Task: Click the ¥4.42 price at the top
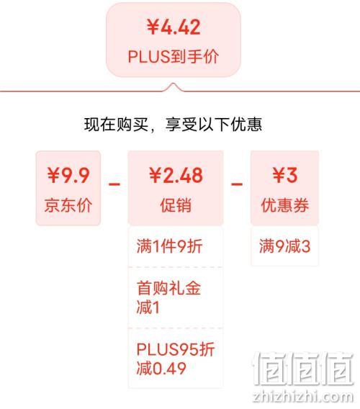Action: pos(174,27)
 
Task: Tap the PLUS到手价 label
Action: pos(174,56)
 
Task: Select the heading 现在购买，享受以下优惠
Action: pos(173,125)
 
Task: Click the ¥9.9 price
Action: pos(68,175)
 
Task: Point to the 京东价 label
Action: pos(68,205)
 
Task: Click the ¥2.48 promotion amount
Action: pos(176,175)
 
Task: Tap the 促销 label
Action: pos(176,205)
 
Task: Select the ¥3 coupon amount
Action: pos(284,175)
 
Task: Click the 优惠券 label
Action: pos(285,205)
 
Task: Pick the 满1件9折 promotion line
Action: pos(170,246)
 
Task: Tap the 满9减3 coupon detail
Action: pos(284,246)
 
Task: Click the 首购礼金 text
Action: pos(168,288)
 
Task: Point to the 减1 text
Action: pos(148,307)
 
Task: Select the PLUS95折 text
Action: pos(176,349)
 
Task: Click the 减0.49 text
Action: pos(161,368)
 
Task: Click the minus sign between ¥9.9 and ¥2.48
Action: pos(114,184)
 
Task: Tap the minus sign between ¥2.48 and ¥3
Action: pos(237,184)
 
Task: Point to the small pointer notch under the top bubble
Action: pos(173,86)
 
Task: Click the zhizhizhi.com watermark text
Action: pos(303,397)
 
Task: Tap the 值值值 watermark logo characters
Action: pos(303,368)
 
